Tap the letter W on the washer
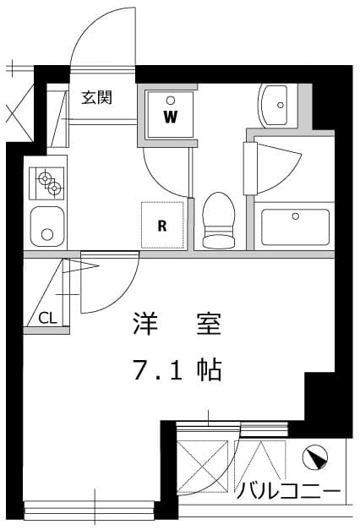click(x=170, y=116)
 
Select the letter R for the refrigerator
click(x=161, y=225)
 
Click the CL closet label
click(x=47, y=318)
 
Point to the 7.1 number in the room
click(x=159, y=369)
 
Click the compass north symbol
click(x=315, y=458)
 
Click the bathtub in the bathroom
click(x=295, y=227)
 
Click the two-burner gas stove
click(x=47, y=181)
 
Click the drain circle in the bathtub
click(x=295, y=216)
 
